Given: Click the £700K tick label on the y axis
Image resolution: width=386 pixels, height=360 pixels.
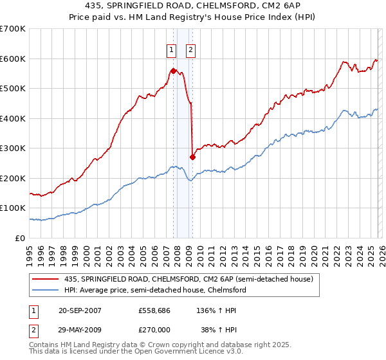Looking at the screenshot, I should coord(13,29).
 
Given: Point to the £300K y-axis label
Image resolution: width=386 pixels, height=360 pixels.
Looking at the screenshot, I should coord(13,148).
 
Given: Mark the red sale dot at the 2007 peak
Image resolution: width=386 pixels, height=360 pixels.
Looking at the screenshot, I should coord(173,71).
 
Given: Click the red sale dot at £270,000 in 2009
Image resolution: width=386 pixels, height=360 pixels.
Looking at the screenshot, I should coord(192,157).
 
